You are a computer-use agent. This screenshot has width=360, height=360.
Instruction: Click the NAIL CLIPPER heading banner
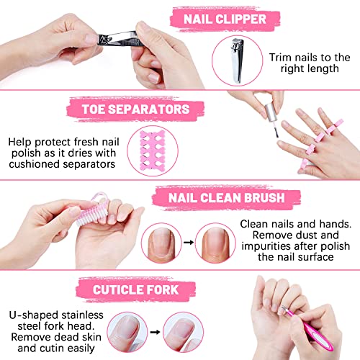pyautogui.click(x=225, y=19)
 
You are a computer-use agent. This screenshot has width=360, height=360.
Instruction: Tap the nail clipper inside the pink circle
pyautogui.click(x=237, y=60)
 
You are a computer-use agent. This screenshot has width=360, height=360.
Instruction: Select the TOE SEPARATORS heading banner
pyautogui.click(x=135, y=109)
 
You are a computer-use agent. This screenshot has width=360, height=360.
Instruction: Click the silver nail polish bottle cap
pyautogui.click(x=271, y=112)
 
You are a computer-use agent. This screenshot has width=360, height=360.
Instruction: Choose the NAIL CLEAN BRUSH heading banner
pyautogui.click(x=227, y=198)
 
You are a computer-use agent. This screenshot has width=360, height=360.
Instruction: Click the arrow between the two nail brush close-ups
pyautogui.click(x=189, y=243)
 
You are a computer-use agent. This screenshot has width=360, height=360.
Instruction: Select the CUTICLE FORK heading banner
pyautogui.click(x=136, y=289)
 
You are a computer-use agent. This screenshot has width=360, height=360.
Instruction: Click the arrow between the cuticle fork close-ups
pyautogui.click(x=155, y=332)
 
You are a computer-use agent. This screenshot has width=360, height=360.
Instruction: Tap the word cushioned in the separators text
pyautogui.click(x=35, y=164)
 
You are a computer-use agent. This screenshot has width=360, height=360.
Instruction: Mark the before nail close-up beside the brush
pyautogui.click(x=161, y=243)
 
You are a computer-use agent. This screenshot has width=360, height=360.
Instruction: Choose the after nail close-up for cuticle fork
pyautogui.click(x=184, y=332)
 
